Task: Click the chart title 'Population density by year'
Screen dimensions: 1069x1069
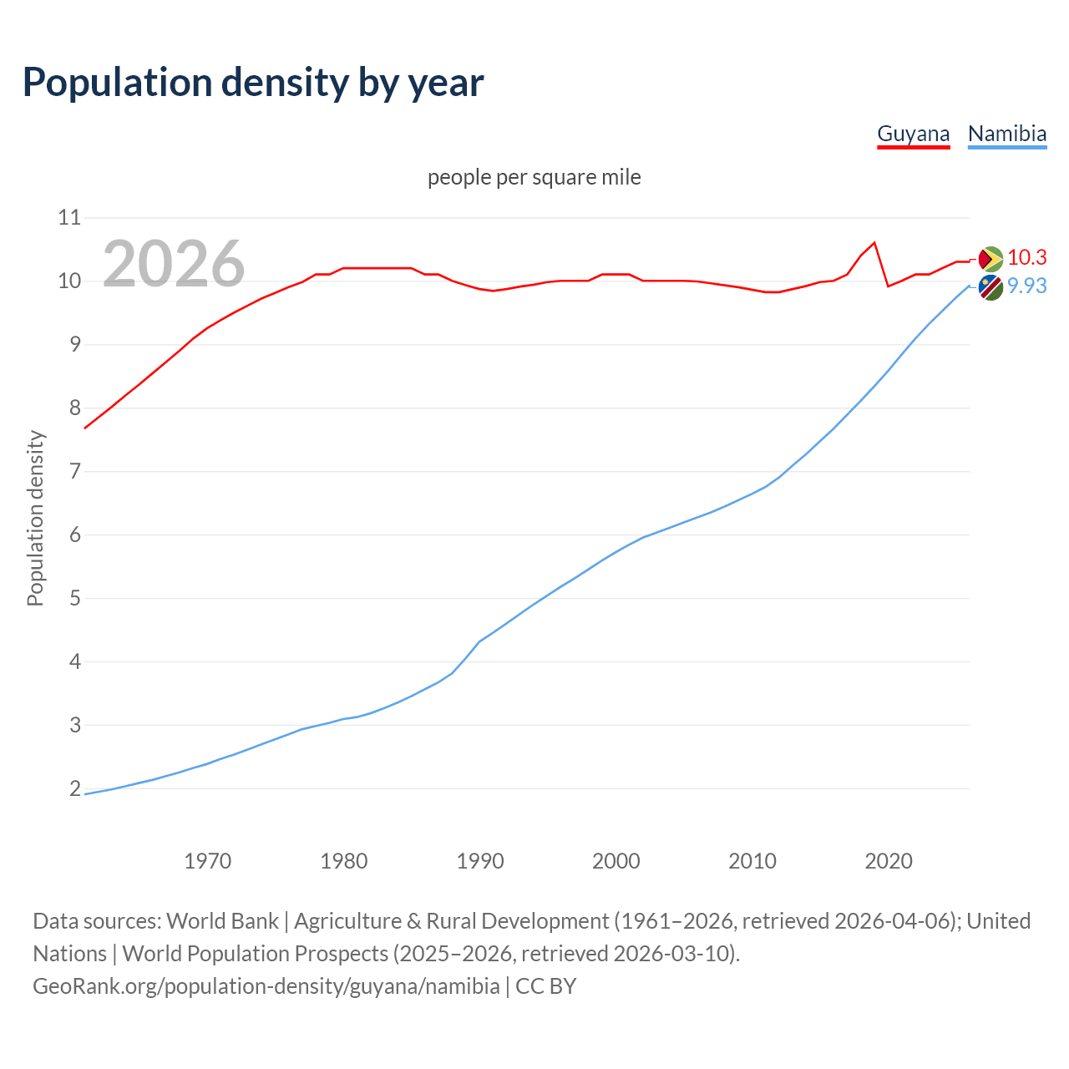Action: (253, 83)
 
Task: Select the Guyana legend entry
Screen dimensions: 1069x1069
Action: (913, 134)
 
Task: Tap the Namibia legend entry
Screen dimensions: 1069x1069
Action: (1006, 134)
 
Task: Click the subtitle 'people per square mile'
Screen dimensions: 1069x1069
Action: (534, 177)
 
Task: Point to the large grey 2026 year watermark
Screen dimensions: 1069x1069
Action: (174, 264)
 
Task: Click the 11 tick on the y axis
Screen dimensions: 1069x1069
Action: (69, 218)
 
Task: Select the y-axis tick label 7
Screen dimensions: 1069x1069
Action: (75, 472)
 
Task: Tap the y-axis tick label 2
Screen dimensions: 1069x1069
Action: (75, 788)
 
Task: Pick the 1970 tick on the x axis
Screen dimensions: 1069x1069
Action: (207, 861)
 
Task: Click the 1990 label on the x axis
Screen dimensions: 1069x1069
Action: (479, 861)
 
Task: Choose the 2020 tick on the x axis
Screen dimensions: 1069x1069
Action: (888, 861)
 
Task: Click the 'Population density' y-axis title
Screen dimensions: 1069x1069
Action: (35, 518)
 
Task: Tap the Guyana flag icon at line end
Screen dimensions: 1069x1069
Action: (990, 259)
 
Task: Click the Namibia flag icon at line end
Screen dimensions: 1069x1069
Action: (990, 287)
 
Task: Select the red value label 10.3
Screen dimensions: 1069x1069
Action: (1026, 258)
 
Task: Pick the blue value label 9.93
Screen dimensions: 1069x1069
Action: (1026, 286)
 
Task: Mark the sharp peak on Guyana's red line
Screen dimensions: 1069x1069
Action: (874, 243)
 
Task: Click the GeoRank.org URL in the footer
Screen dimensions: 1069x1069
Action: (266, 986)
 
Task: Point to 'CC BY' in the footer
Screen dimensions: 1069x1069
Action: (545, 986)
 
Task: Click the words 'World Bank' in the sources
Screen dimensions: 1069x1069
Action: (222, 921)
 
